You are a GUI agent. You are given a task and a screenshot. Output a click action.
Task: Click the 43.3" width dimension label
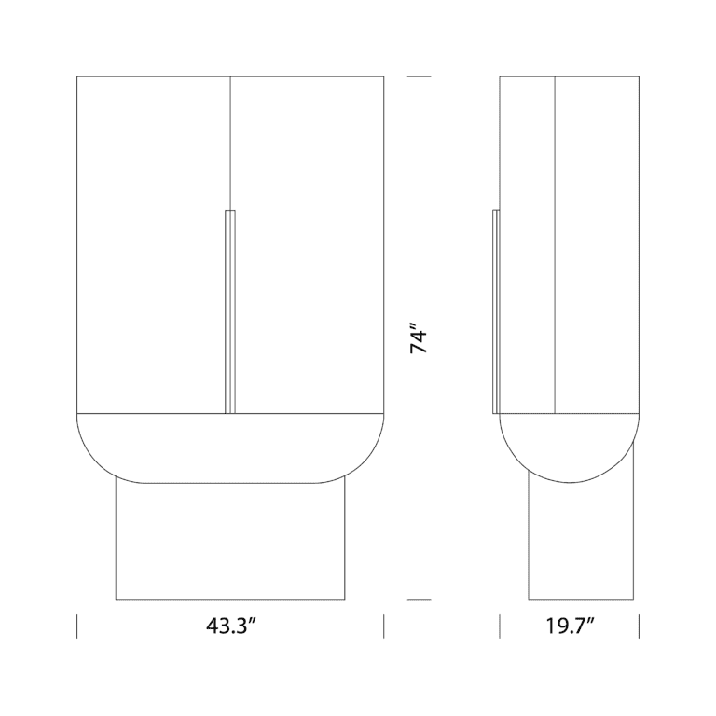(x=231, y=626)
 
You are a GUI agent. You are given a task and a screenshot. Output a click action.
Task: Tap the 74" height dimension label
(x=420, y=338)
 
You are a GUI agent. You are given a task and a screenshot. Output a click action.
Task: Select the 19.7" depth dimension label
(x=571, y=626)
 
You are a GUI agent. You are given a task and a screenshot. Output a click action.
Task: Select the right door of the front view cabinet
(x=308, y=242)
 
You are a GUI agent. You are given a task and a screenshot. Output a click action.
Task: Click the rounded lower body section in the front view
(x=230, y=447)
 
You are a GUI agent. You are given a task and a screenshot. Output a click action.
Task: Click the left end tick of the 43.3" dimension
(x=76, y=626)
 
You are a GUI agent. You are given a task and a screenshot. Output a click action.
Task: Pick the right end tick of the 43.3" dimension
(x=384, y=626)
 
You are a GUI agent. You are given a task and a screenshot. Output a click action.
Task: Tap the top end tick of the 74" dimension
(x=419, y=76)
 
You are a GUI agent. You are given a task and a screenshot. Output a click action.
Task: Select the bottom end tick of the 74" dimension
(x=419, y=600)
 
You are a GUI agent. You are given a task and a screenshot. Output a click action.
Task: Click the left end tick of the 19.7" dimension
(x=501, y=626)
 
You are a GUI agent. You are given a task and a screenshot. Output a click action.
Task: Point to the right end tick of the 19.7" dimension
(x=639, y=626)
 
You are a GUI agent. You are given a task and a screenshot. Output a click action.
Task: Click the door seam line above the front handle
(x=230, y=140)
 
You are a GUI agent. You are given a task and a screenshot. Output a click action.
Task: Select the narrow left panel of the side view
(x=528, y=242)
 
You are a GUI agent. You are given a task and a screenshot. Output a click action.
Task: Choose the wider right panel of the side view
(x=597, y=242)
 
